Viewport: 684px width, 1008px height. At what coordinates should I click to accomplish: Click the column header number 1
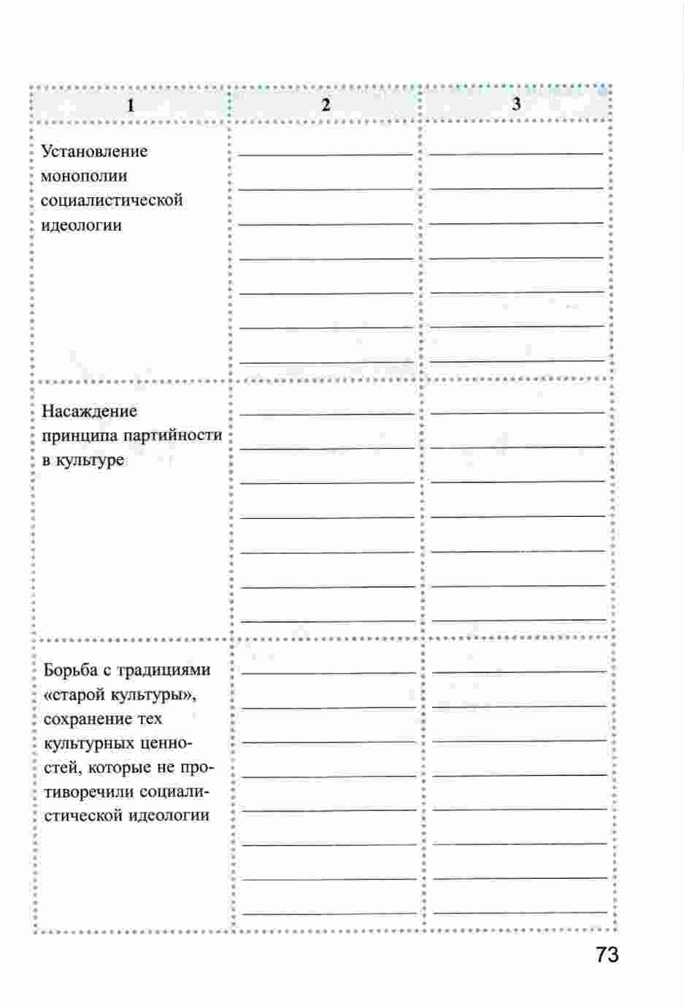pos(131,105)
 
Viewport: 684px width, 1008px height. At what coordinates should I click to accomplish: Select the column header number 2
pos(326,105)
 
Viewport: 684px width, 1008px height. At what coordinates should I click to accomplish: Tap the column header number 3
pos(516,104)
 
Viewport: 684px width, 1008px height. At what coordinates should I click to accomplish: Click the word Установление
pos(94,152)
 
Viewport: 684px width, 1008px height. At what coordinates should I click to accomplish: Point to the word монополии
pos(84,176)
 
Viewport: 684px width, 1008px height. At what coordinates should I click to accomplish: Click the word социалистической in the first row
pos(112,200)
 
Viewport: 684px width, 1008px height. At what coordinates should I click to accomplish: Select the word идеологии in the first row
pos(82,225)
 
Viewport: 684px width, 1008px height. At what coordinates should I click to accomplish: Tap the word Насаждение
pos(89,412)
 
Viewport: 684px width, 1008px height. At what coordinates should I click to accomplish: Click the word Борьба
pos(70,669)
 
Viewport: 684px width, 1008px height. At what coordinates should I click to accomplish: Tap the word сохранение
pos(89,718)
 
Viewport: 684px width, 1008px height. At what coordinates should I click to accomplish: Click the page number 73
pos(607,955)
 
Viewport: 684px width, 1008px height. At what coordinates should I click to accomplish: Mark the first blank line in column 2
pos(326,154)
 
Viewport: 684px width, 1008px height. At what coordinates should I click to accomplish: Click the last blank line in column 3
pos(519,912)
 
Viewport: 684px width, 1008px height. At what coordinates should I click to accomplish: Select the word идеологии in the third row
pos(169,815)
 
